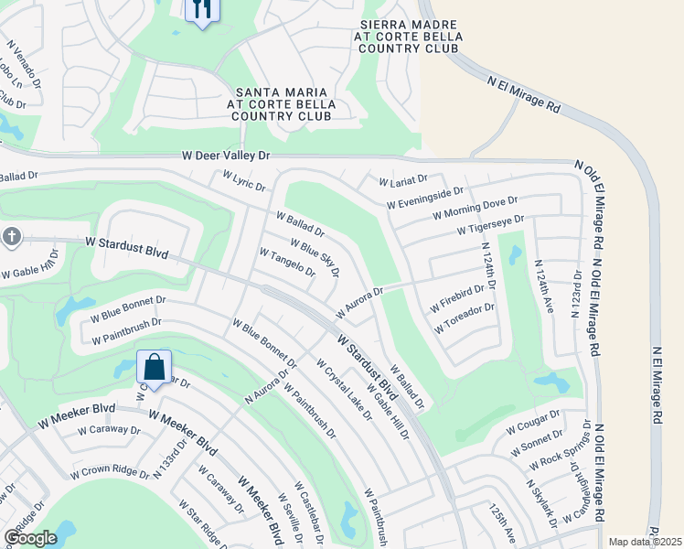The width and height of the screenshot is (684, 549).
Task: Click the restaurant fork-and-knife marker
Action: pyautogui.click(x=200, y=10)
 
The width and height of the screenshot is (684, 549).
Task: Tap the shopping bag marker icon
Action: pyautogui.click(x=154, y=369)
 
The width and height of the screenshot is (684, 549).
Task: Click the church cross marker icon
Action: pyautogui.click(x=11, y=237)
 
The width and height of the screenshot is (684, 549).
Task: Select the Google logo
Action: pyautogui.click(x=30, y=538)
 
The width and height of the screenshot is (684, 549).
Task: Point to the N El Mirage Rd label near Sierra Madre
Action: pyautogui.click(x=525, y=94)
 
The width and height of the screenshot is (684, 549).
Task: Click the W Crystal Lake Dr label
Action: pyautogui.click(x=345, y=390)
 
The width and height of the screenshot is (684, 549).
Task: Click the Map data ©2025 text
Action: pyautogui.click(x=645, y=542)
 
